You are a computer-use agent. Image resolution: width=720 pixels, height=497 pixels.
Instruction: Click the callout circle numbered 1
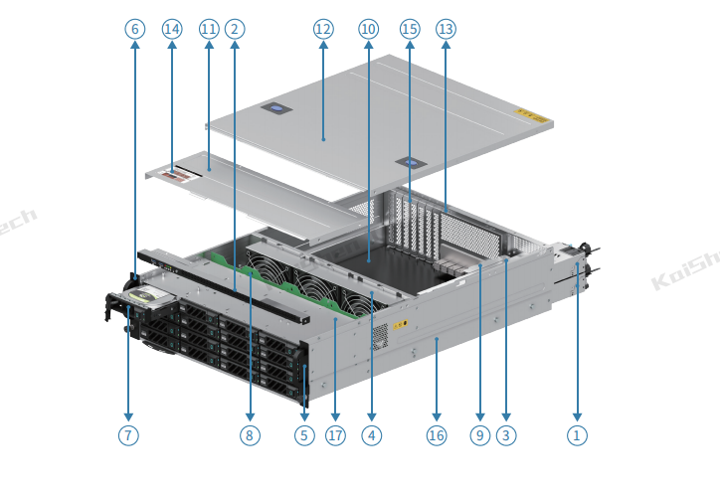[577, 434]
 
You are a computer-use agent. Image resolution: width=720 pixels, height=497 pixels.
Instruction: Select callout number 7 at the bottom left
[128, 434]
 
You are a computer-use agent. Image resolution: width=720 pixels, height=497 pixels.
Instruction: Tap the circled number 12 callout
[322, 29]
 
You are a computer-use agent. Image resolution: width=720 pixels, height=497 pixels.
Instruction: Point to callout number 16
[436, 434]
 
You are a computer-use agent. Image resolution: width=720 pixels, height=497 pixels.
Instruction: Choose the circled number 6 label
[135, 29]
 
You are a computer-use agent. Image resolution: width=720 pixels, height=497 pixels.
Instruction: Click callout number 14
[172, 29]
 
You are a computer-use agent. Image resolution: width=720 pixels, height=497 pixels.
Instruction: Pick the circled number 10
[368, 29]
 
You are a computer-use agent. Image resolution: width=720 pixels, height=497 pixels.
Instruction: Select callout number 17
[335, 434]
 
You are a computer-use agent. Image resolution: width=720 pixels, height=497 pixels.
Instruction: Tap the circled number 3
[506, 434]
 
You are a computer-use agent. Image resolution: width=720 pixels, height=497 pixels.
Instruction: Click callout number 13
[446, 29]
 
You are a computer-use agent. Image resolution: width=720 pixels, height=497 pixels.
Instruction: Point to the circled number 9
[480, 434]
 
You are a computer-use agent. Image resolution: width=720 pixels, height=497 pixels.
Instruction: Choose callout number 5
[304, 434]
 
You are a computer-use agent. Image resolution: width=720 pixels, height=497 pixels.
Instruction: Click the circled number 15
[409, 29]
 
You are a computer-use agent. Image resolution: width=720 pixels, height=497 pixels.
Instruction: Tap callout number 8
[249, 434]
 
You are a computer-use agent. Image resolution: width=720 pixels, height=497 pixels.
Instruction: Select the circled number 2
[235, 29]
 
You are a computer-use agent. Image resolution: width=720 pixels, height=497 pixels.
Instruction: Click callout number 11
[209, 29]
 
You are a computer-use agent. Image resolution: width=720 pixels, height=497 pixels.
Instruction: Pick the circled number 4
[371, 434]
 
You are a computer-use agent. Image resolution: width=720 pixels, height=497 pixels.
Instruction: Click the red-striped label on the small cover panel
[180, 175]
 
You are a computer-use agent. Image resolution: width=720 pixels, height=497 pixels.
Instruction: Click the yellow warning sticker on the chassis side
[400, 323]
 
